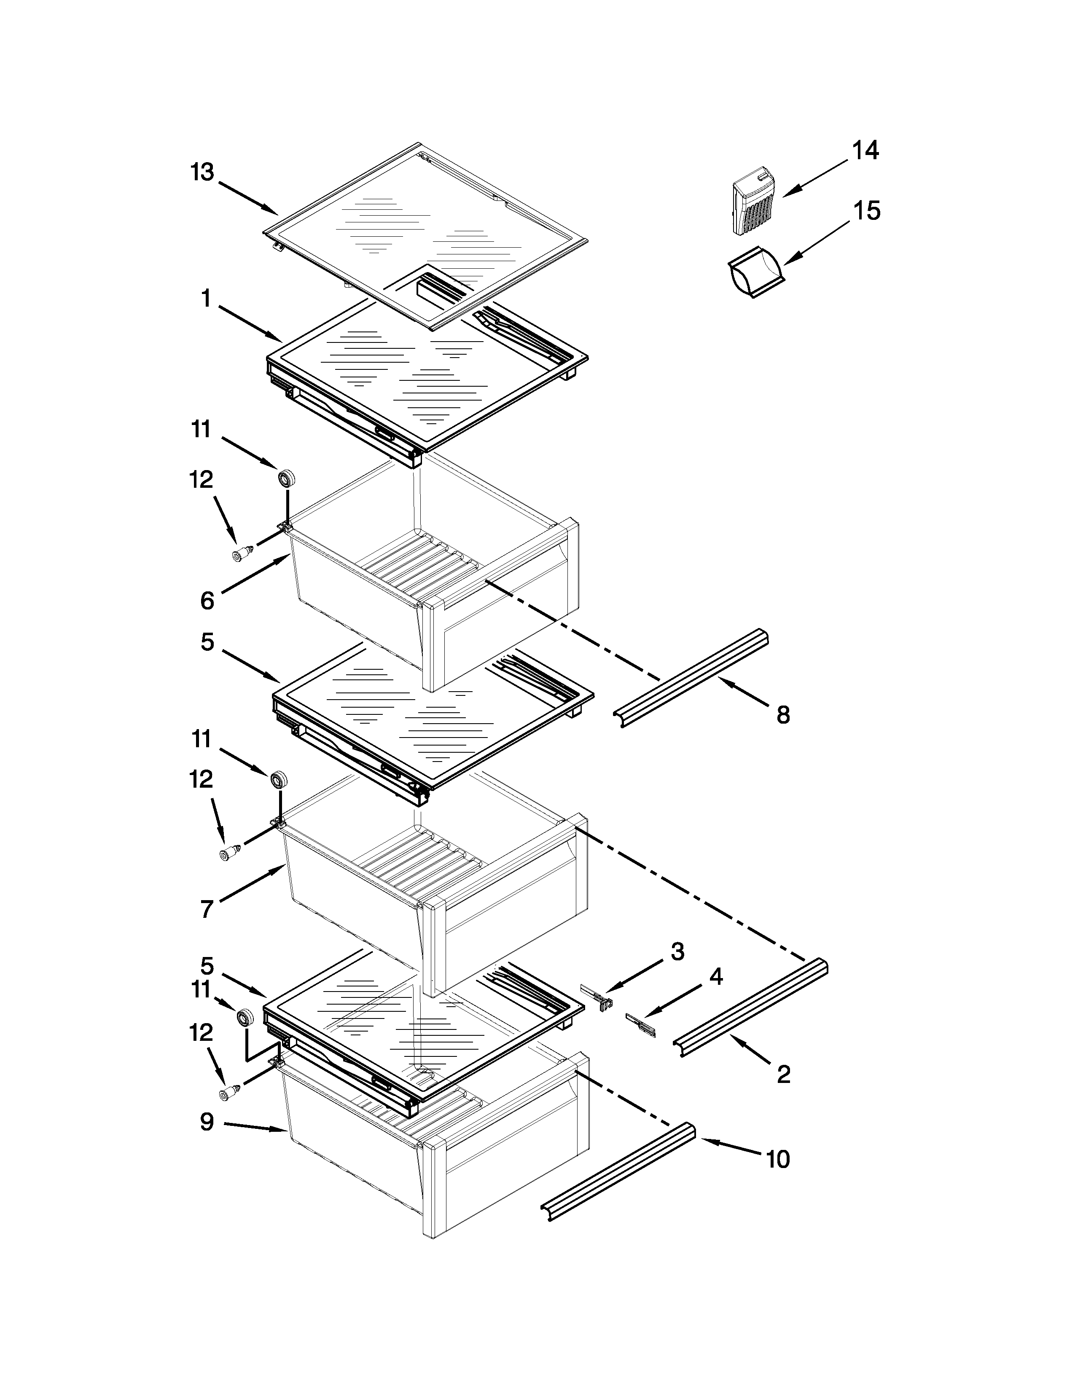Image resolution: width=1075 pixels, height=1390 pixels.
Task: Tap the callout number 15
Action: (867, 211)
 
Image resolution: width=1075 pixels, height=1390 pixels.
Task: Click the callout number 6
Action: (207, 600)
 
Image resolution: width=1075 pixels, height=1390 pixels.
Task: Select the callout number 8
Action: (783, 715)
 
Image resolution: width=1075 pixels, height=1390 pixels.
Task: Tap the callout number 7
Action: (206, 909)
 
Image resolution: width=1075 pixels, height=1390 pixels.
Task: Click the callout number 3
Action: (677, 952)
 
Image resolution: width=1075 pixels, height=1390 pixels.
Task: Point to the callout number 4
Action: (716, 976)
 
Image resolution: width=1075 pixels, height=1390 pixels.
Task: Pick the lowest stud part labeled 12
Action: (228, 1093)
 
